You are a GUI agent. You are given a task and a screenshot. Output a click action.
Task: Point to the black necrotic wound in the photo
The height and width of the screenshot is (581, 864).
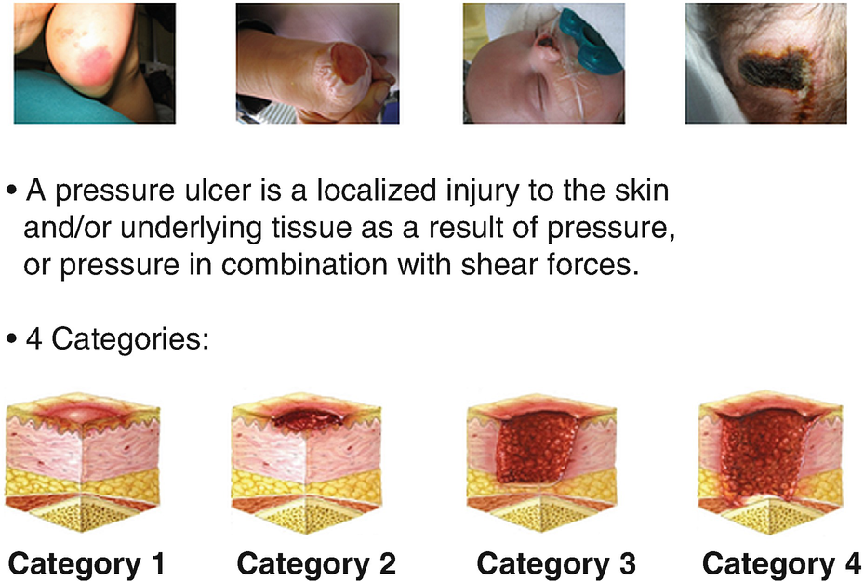(773, 69)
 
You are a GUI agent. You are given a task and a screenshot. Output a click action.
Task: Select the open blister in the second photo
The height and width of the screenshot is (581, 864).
(350, 63)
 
